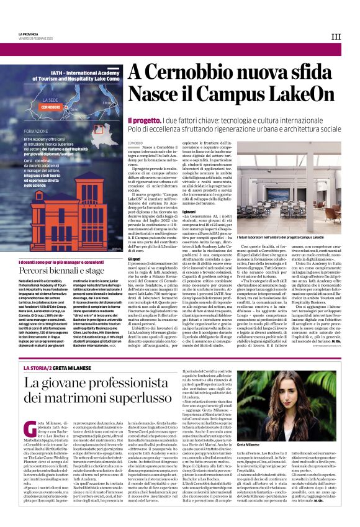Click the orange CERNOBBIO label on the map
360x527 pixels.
click(51, 107)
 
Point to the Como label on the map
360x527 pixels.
click(74, 110)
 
